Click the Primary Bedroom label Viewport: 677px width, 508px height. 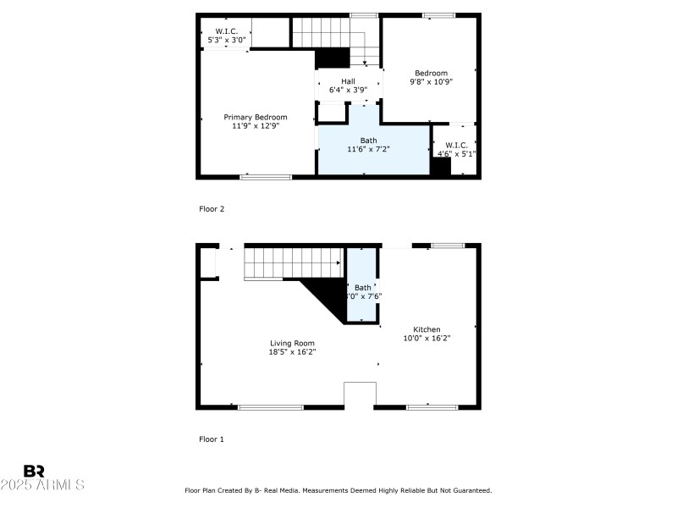tap(255, 117)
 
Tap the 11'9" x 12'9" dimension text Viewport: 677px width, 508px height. tap(255, 126)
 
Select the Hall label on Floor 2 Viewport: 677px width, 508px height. tap(348, 81)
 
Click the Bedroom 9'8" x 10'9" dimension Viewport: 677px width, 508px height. tap(431, 82)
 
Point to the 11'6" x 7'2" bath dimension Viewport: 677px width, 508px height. tap(368, 150)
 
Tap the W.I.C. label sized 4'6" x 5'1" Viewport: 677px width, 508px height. tap(456, 145)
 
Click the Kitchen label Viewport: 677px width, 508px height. tap(427, 329)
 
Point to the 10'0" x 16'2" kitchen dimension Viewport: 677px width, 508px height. tap(427, 339)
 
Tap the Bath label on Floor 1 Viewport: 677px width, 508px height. tap(362, 288)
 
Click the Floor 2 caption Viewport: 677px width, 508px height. tap(211, 208)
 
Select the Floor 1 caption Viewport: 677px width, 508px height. tap(211, 439)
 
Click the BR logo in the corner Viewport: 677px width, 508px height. tap(34, 471)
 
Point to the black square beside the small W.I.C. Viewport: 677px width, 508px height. tap(440, 167)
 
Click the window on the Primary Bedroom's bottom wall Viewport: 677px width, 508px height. tap(266, 177)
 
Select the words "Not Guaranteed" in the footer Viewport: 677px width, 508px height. tap(463, 490)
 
